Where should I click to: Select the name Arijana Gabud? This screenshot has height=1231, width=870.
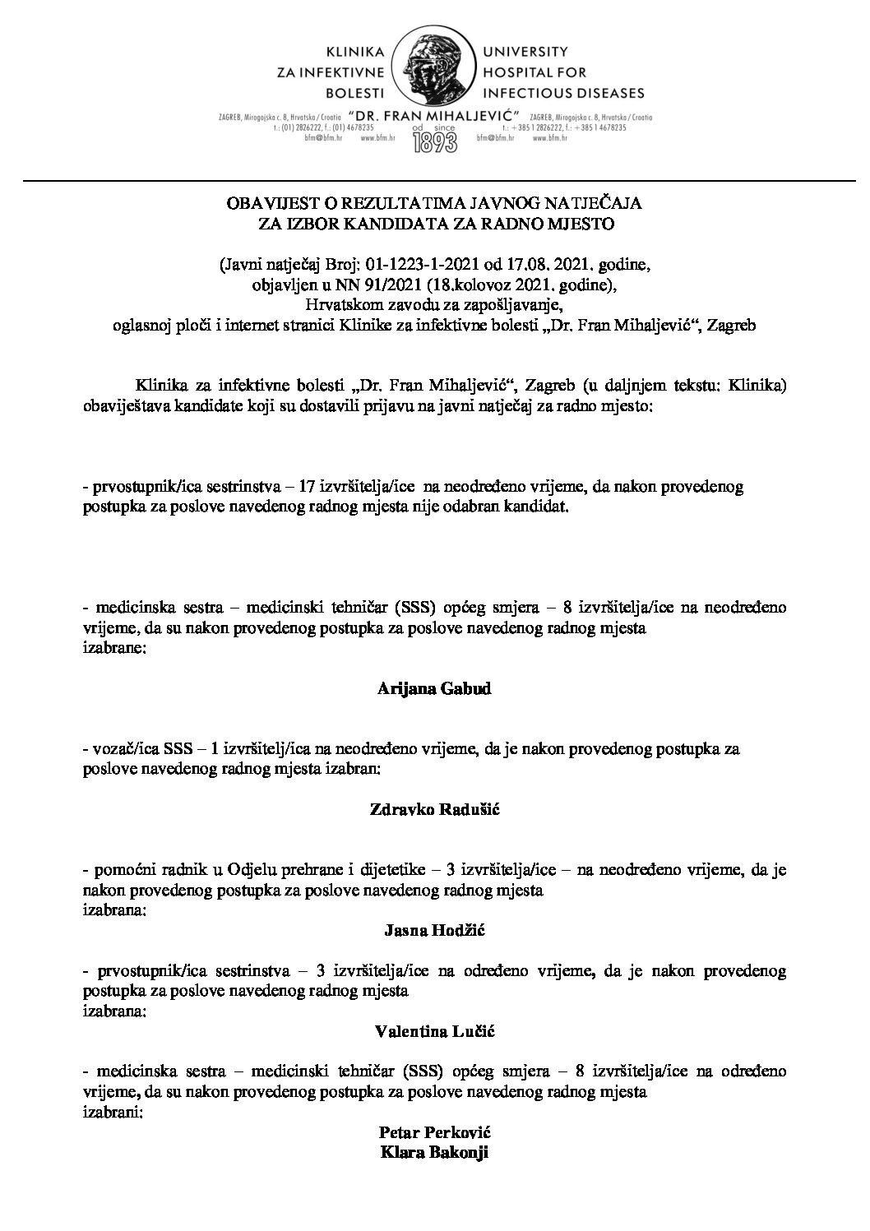click(x=434, y=689)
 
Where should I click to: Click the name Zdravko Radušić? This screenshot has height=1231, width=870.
click(x=434, y=809)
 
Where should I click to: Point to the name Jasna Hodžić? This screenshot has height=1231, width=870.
click(x=434, y=930)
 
